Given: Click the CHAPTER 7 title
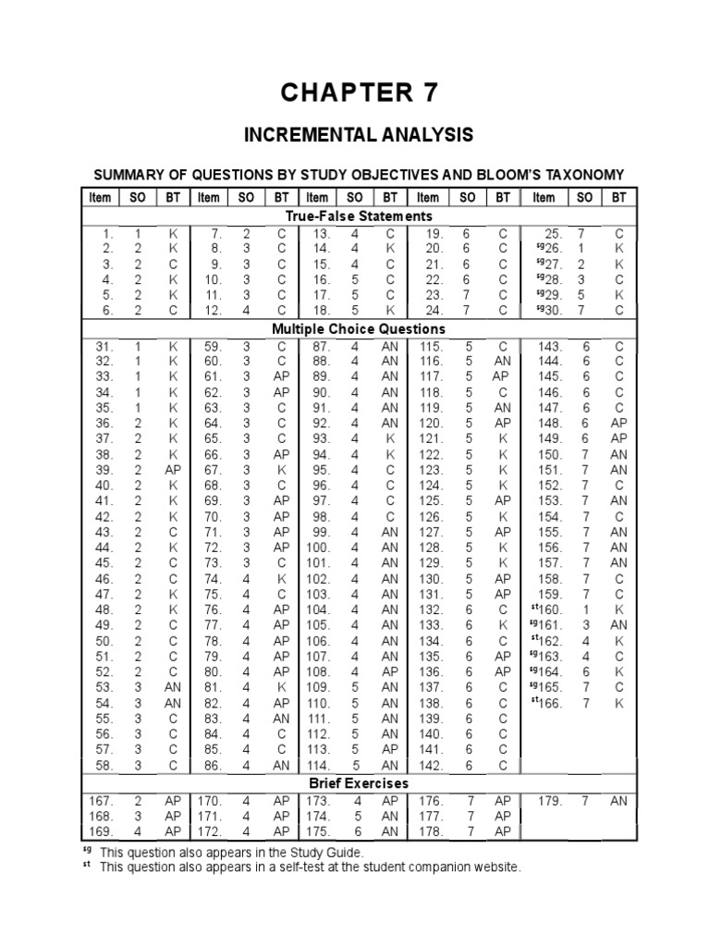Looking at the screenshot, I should coord(358,92).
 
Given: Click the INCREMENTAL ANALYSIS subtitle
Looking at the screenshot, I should coord(358,136).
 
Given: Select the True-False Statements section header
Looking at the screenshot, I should coord(359,215).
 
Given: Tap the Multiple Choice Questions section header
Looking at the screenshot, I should coord(359,328).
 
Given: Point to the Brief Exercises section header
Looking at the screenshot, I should coord(359,784).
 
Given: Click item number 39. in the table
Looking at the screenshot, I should coord(104,470).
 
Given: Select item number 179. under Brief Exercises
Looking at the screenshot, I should coord(549,801).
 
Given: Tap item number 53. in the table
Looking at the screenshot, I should coord(104,688).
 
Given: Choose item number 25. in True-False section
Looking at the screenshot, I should coord(553,233).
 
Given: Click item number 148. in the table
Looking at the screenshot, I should coord(549,423).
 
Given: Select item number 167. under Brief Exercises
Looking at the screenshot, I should coord(101,801).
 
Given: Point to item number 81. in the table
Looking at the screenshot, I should coord(212,688).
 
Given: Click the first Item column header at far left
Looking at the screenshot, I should coord(100,197).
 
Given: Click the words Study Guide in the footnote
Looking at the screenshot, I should coord(327,852).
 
